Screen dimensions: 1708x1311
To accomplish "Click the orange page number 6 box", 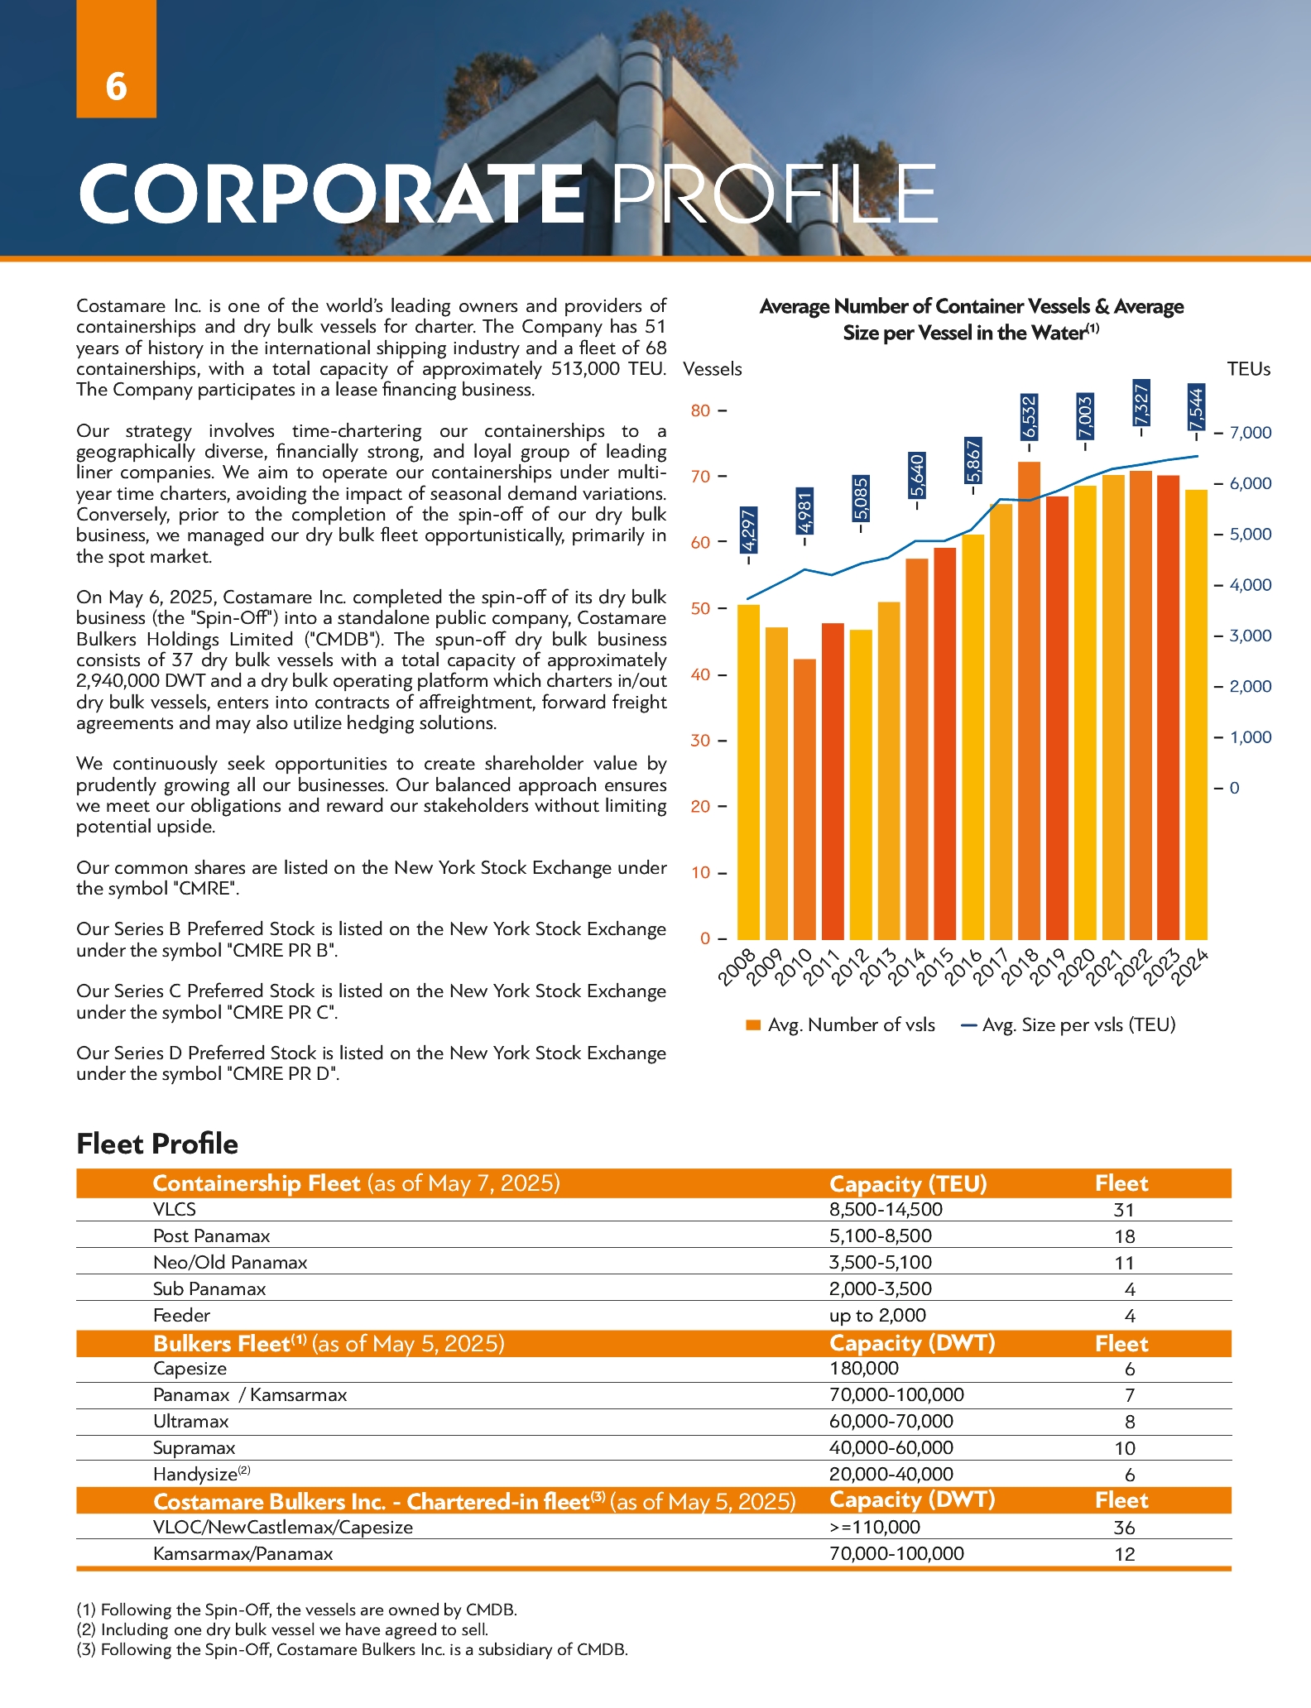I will (117, 60).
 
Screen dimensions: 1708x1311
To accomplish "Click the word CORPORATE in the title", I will (331, 194).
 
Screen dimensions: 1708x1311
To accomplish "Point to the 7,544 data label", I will (1196, 406).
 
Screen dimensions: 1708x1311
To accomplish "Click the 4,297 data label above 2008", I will (749, 531).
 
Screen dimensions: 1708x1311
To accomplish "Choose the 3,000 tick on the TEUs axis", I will (1250, 636).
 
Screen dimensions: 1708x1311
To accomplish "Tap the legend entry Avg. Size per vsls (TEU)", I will (1068, 1024).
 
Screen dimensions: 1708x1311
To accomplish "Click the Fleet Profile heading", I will (157, 1144).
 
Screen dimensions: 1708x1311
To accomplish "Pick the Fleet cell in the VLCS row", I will (1123, 1210).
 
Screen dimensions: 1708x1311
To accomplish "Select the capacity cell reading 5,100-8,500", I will (881, 1236).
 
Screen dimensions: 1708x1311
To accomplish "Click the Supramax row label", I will (194, 1448).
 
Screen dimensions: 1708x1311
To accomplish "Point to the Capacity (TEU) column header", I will (908, 1183).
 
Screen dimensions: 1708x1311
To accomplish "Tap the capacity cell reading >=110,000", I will (875, 1528).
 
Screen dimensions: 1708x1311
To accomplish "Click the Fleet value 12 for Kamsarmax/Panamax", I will (1124, 1554).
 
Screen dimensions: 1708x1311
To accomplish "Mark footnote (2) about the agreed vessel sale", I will (282, 1629).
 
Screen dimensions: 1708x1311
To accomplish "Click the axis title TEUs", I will (1248, 369).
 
